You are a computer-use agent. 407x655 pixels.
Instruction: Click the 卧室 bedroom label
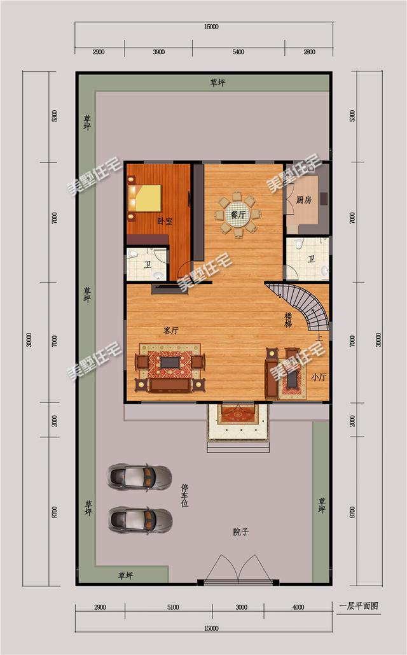165,222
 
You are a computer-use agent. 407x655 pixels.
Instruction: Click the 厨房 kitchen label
304,199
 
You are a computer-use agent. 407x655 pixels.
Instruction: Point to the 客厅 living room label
170,330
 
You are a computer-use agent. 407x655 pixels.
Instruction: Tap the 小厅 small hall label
319,377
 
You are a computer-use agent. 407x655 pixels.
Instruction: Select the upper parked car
140,476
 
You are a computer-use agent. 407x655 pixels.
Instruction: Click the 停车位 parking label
184,495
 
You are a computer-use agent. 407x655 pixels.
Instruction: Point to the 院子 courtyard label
240,532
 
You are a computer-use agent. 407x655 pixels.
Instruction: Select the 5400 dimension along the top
239,52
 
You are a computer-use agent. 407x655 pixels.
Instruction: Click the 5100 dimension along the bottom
173,607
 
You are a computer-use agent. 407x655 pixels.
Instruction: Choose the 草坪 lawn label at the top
218,83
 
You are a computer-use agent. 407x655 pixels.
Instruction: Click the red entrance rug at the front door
238,414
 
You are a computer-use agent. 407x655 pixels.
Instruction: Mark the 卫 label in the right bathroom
311,259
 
